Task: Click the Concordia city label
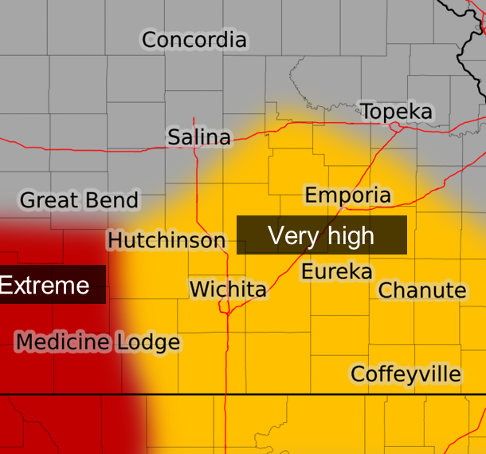tap(194, 40)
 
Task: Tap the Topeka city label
tap(397, 112)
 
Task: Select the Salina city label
tap(199, 138)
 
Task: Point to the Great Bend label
tap(80, 200)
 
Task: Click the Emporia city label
tap(348, 195)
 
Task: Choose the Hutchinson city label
tap(167, 240)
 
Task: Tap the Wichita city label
tap(228, 289)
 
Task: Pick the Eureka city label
tap(336, 272)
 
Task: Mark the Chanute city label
tap(422, 290)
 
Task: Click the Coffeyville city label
tap(406, 373)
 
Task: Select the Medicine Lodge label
tap(97, 343)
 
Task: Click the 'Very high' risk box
tap(321, 235)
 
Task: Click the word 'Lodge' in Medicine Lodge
tap(148, 343)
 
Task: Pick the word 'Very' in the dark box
tap(290, 235)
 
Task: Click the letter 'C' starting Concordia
tap(150, 40)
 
